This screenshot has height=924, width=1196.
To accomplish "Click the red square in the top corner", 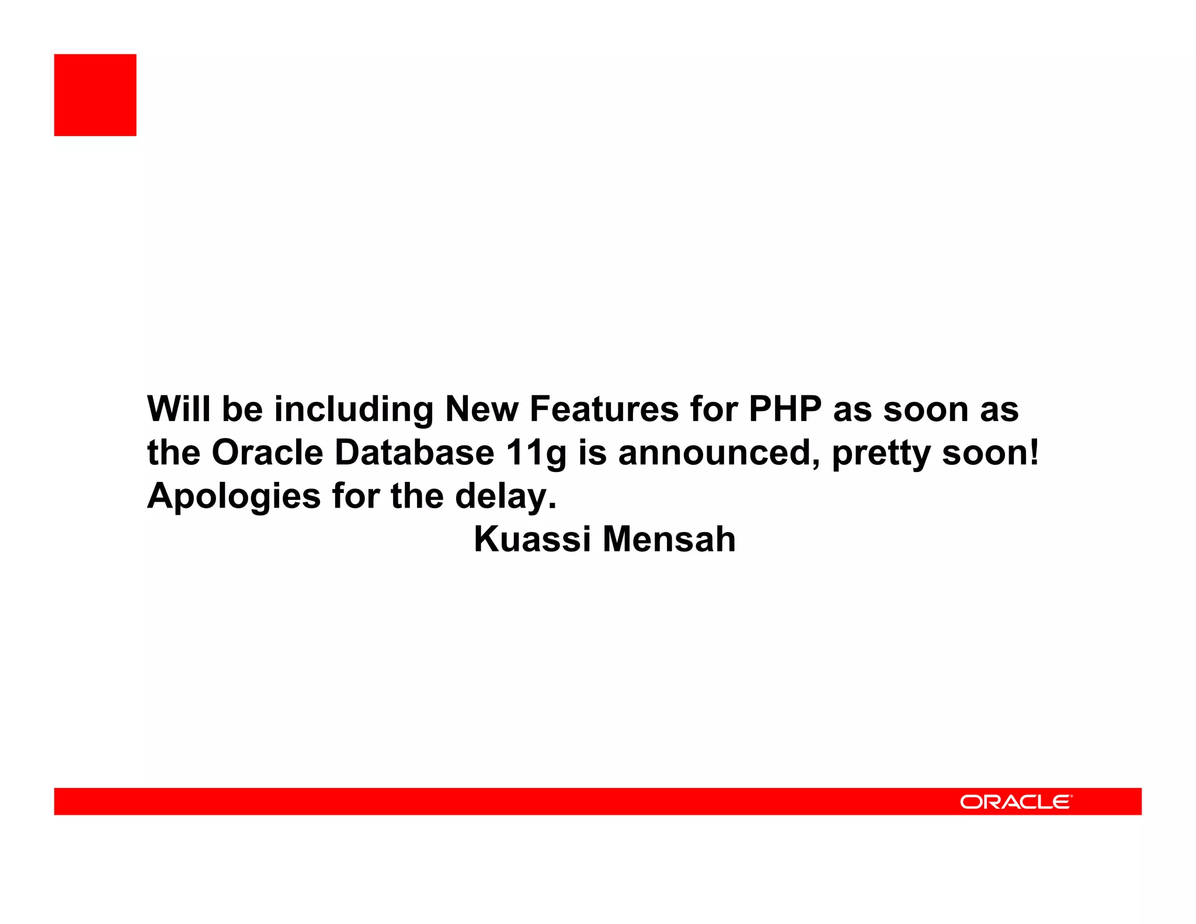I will tap(95, 95).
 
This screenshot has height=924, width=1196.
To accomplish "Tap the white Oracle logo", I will tap(1016, 802).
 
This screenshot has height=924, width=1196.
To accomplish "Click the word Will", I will tap(179, 409).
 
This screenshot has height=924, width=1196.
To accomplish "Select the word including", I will tap(354, 410).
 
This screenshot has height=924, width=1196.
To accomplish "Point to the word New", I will tap(481, 409).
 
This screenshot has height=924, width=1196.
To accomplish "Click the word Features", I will tap(604, 409).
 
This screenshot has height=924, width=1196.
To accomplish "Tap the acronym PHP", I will tap(785, 409).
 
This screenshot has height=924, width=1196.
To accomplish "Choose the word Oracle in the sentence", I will tap(267, 453).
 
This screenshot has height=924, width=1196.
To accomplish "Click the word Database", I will tap(414, 453).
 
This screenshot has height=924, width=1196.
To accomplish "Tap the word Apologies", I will tap(234, 496).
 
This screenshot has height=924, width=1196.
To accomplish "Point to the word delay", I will tap(502, 496).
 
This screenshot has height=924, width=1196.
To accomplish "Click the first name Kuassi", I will tap(532, 539).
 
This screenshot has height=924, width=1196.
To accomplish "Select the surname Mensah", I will tap(669, 539).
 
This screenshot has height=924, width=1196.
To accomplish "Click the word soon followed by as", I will tap(925, 410).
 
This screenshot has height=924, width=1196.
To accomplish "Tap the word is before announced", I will tap(592, 453).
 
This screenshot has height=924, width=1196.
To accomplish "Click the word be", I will tap(242, 409).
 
